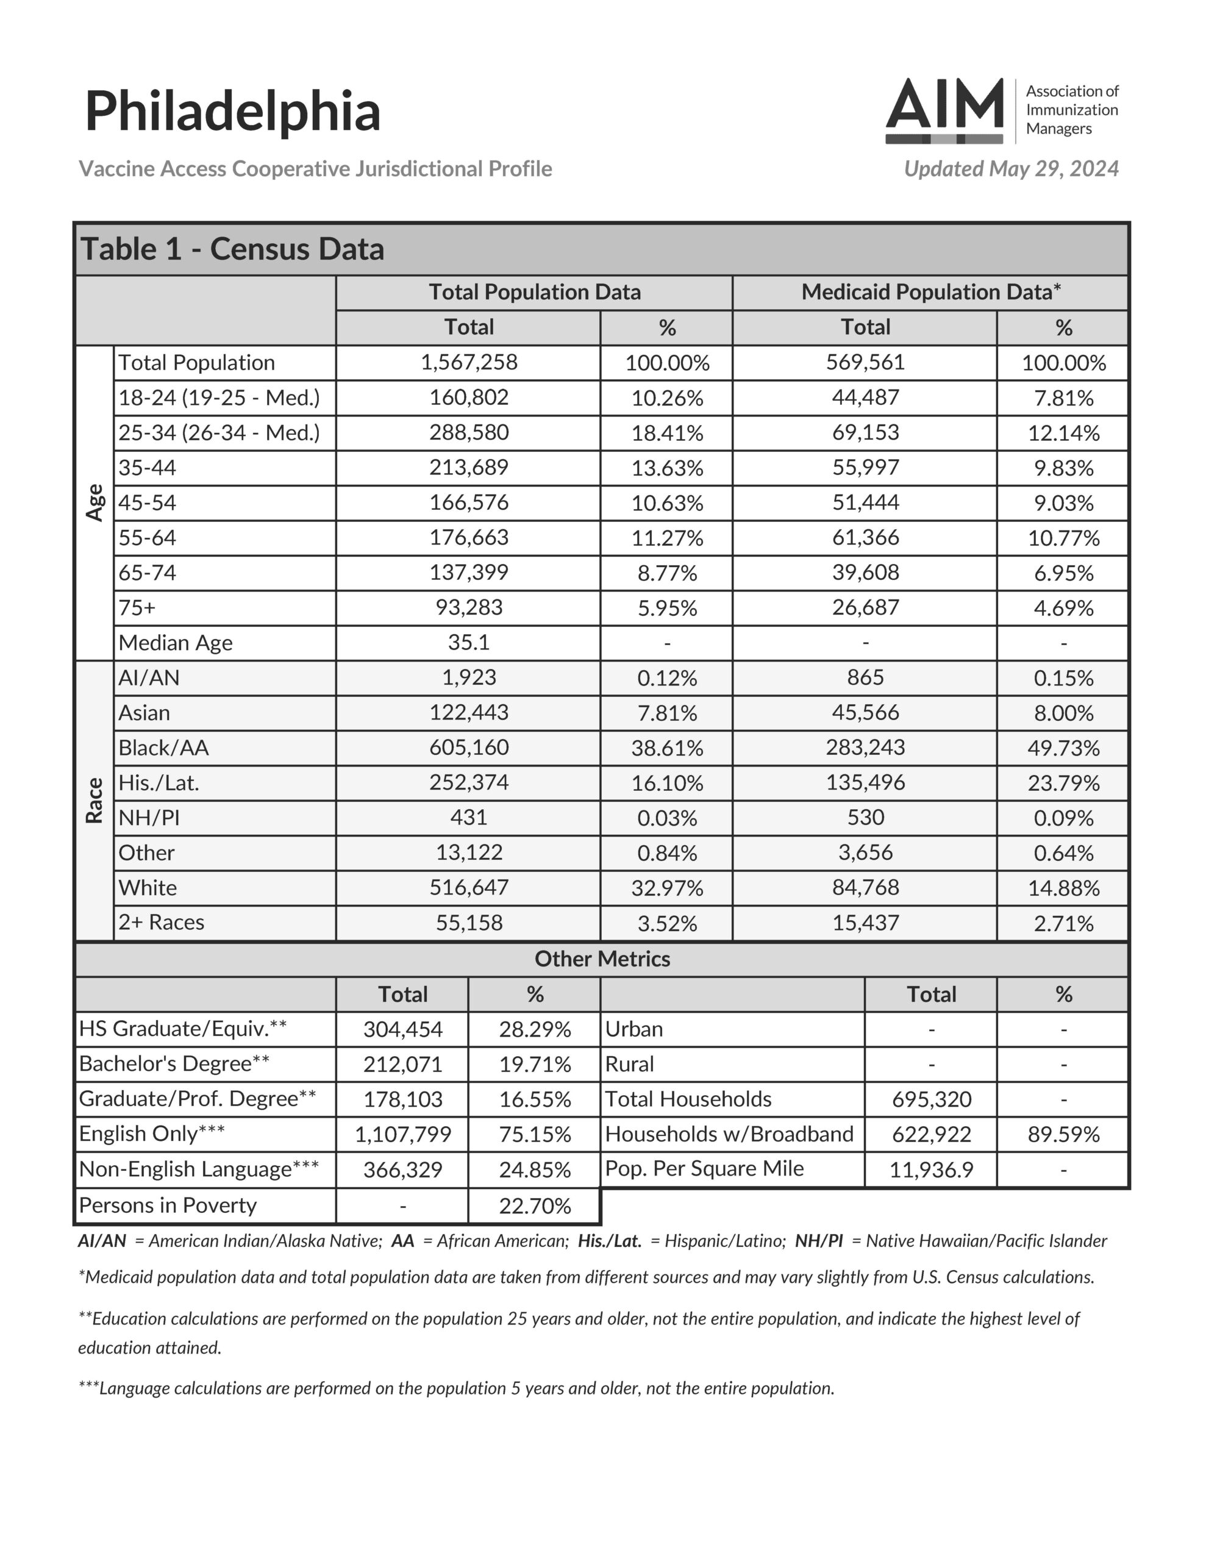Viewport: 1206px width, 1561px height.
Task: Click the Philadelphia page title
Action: tap(232, 112)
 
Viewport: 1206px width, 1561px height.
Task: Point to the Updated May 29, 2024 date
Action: tap(1011, 169)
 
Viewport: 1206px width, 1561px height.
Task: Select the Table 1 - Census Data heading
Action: tap(232, 249)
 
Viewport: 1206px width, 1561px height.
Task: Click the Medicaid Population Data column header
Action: tap(930, 292)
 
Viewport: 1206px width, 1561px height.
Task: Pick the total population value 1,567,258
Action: tap(469, 362)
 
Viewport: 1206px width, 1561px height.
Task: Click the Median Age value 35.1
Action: tap(469, 643)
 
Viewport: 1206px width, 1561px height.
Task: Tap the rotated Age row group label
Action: tap(95, 502)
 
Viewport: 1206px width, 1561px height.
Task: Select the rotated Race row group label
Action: tap(95, 801)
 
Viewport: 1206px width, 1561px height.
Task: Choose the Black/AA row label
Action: tap(164, 748)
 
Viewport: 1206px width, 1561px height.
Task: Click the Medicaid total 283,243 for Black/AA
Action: tap(865, 748)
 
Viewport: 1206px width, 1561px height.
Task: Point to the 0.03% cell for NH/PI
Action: tap(667, 818)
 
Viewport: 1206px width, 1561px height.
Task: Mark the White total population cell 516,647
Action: tap(469, 888)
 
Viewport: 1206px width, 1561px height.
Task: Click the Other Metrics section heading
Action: tap(602, 959)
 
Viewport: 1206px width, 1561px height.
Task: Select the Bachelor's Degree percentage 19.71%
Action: tap(535, 1064)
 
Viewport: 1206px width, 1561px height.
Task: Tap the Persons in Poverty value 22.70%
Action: tap(535, 1206)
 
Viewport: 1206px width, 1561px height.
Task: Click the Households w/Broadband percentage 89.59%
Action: tap(1063, 1134)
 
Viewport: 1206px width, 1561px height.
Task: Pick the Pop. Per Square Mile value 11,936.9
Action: tap(931, 1170)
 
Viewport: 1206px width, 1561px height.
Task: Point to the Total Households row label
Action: tap(688, 1099)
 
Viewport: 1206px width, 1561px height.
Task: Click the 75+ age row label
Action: tap(137, 607)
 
